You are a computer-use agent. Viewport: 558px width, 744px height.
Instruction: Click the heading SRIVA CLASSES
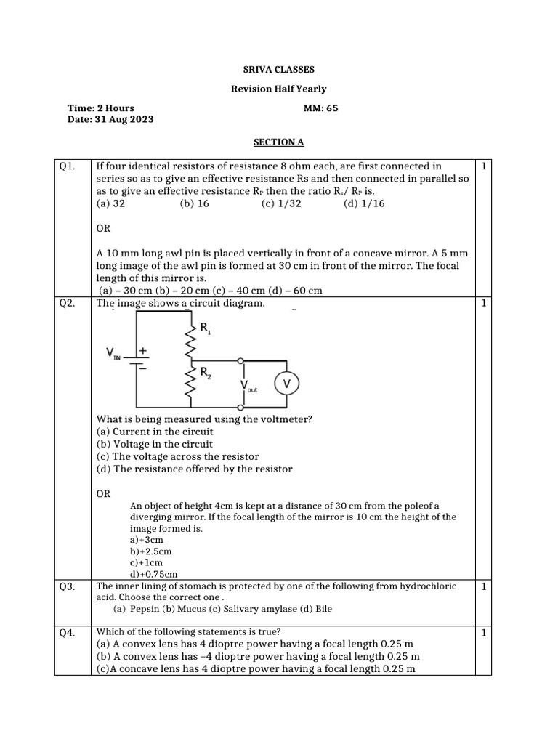(x=278, y=70)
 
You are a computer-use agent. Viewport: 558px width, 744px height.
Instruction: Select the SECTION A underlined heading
(x=278, y=142)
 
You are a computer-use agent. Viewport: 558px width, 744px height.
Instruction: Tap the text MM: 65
(x=320, y=108)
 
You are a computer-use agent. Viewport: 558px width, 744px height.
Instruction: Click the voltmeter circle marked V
(x=286, y=383)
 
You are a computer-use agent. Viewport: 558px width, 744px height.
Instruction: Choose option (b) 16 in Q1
(x=194, y=204)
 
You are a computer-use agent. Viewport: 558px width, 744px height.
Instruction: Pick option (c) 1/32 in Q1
(x=281, y=204)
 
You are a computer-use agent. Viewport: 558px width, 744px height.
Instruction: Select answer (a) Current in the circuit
(x=155, y=432)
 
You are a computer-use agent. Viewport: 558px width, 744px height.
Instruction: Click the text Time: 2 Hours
(x=100, y=108)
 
